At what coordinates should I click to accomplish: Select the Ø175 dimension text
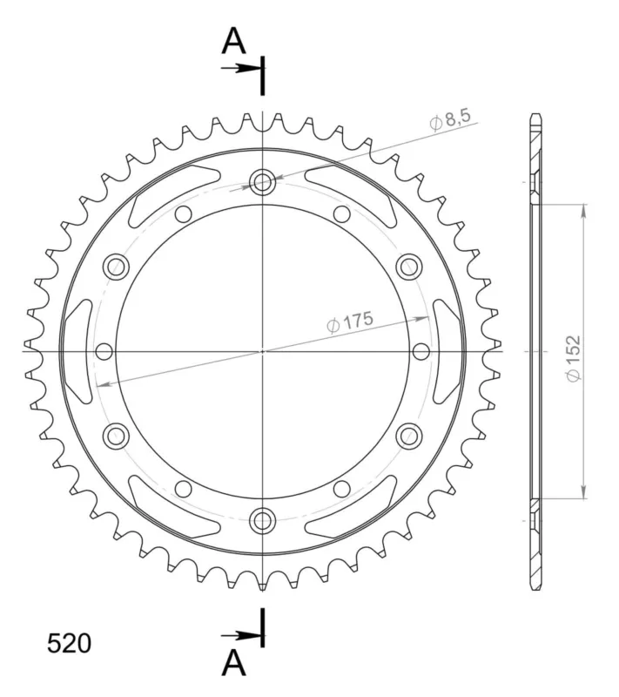tap(350, 321)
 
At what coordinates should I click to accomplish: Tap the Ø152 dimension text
tap(573, 358)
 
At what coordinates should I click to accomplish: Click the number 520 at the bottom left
tap(69, 643)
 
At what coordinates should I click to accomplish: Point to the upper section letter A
tap(233, 41)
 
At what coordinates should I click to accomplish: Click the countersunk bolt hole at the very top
tap(262, 181)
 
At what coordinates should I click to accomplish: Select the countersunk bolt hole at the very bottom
tap(262, 521)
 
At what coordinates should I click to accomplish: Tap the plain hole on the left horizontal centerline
tap(104, 351)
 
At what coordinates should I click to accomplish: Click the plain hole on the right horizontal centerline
tap(421, 351)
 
